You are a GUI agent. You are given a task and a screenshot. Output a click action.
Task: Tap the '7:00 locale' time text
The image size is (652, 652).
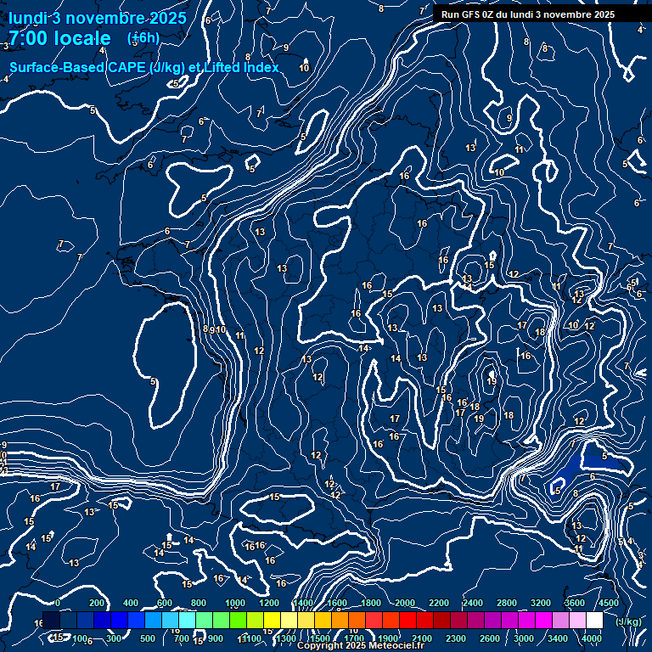pyautogui.click(x=59, y=38)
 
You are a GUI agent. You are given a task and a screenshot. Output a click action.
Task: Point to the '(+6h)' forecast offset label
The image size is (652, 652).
pyautogui.click(x=143, y=37)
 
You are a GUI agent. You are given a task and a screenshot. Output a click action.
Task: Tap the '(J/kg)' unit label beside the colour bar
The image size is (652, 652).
pyautogui.click(x=628, y=621)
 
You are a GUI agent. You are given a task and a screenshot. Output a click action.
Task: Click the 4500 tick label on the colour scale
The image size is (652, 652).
pyautogui.click(x=608, y=603)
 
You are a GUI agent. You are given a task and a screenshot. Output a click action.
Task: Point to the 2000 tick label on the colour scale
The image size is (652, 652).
pyautogui.click(x=405, y=603)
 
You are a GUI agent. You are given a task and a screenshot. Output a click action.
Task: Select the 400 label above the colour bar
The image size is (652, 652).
pyautogui.click(x=131, y=603)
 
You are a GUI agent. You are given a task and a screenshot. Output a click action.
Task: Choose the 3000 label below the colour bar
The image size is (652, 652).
pyautogui.click(x=525, y=638)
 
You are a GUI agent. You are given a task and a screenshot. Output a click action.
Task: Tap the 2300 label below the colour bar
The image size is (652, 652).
pyautogui.click(x=457, y=638)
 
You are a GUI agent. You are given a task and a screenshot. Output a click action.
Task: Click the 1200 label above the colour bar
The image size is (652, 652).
pyautogui.click(x=269, y=603)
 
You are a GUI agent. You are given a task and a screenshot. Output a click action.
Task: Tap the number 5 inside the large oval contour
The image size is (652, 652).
pyautogui.click(x=154, y=381)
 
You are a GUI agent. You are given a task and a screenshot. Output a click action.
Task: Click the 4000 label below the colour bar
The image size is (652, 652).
pyautogui.click(x=592, y=638)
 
